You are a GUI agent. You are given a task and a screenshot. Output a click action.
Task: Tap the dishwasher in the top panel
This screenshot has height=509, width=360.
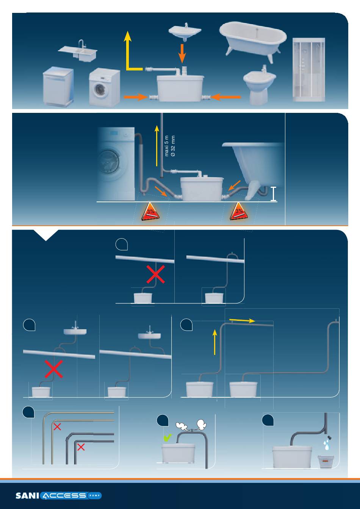58,87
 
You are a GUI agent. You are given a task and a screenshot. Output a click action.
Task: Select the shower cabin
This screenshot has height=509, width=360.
309,70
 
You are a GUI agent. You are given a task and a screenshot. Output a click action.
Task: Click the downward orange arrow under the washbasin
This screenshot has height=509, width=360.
182,53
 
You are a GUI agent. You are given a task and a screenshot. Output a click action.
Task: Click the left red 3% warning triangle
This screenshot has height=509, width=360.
150,213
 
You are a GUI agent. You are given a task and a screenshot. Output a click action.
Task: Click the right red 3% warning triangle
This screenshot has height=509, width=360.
239,213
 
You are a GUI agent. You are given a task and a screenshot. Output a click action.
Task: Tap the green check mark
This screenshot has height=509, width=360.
167,437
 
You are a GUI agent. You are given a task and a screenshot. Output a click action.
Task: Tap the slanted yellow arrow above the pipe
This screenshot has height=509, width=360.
242,320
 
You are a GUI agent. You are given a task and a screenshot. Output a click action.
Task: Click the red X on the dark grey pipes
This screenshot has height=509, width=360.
81,447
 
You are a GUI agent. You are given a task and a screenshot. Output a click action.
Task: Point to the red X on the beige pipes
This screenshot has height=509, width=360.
57,427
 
